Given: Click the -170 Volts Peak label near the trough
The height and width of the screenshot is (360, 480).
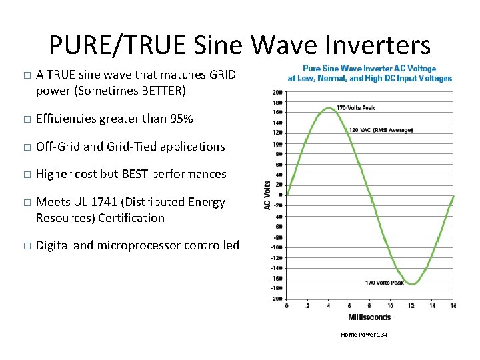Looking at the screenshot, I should [383, 283].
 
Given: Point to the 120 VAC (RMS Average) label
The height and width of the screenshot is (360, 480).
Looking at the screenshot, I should [381, 129].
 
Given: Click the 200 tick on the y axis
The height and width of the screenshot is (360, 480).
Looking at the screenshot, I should [277, 92].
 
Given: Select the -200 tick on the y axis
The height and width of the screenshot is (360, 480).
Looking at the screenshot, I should [276, 299].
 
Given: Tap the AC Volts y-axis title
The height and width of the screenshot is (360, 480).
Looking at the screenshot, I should [267, 195].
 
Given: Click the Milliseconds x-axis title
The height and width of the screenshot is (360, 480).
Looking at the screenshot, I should [369, 317].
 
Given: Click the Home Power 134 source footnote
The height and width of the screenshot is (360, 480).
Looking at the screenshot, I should [364, 334].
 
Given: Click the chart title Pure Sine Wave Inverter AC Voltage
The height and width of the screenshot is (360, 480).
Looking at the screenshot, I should [369, 68].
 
